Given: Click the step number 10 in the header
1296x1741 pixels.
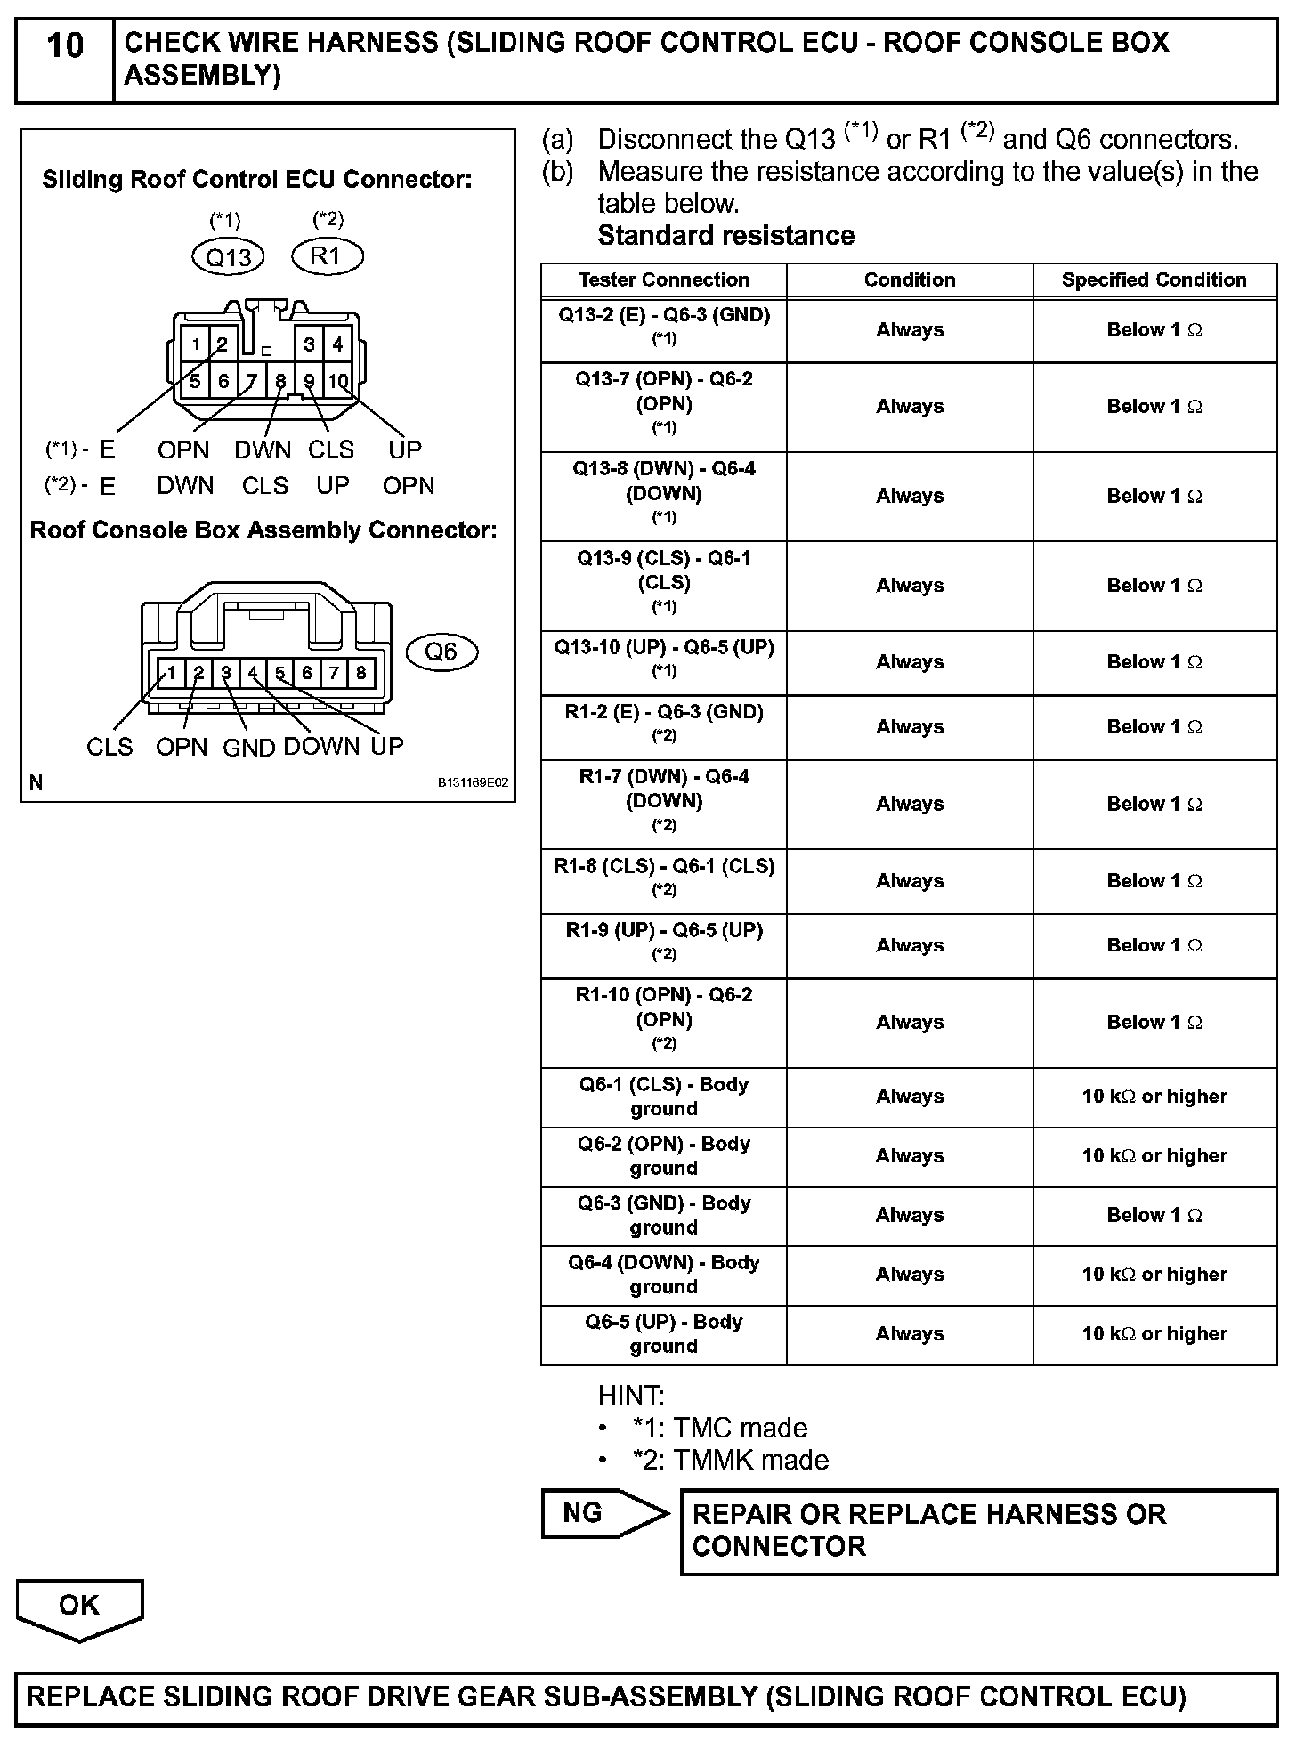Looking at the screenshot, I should tap(64, 46).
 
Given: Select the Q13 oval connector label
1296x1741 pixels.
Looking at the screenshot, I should tap(229, 257).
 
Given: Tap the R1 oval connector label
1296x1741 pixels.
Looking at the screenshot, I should tap(327, 256).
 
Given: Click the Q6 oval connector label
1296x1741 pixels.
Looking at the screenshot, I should tap(441, 652).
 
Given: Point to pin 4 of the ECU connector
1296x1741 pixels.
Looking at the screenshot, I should tap(338, 344).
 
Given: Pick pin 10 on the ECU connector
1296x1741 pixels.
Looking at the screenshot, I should tap(338, 381).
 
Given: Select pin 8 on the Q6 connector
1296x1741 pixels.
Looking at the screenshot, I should tap(360, 673).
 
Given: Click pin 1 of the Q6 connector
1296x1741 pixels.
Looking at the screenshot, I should tap(172, 673).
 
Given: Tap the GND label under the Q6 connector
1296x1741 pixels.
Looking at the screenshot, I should tap(248, 748).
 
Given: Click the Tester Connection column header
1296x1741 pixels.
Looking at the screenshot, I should tap(663, 279).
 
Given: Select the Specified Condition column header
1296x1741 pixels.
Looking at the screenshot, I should tap(1154, 279).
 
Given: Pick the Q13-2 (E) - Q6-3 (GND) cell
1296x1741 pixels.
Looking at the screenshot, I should tap(664, 325).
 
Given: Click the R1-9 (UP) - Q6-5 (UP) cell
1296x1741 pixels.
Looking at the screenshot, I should tap(664, 941).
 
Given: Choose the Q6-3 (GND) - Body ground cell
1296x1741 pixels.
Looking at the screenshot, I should tap(664, 1215).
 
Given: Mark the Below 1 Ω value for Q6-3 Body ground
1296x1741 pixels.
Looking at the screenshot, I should tap(1154, 1215).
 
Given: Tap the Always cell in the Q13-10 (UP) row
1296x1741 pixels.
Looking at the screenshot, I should tap(909, 661).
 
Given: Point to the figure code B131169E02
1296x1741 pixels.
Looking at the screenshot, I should tap(472, 783).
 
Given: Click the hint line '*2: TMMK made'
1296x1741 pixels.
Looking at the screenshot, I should tap(730, 1460).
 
